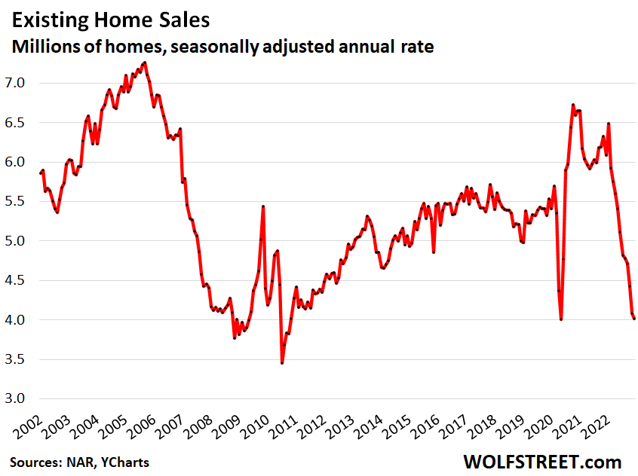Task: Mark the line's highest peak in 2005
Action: (144, 63)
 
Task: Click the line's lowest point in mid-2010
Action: (282, 363)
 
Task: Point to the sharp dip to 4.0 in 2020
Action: (561, 319)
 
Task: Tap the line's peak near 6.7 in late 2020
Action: (573, 105)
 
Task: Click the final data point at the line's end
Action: (634, 319)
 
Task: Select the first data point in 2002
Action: (40, 173)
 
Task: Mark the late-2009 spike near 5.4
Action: (262, 206)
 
